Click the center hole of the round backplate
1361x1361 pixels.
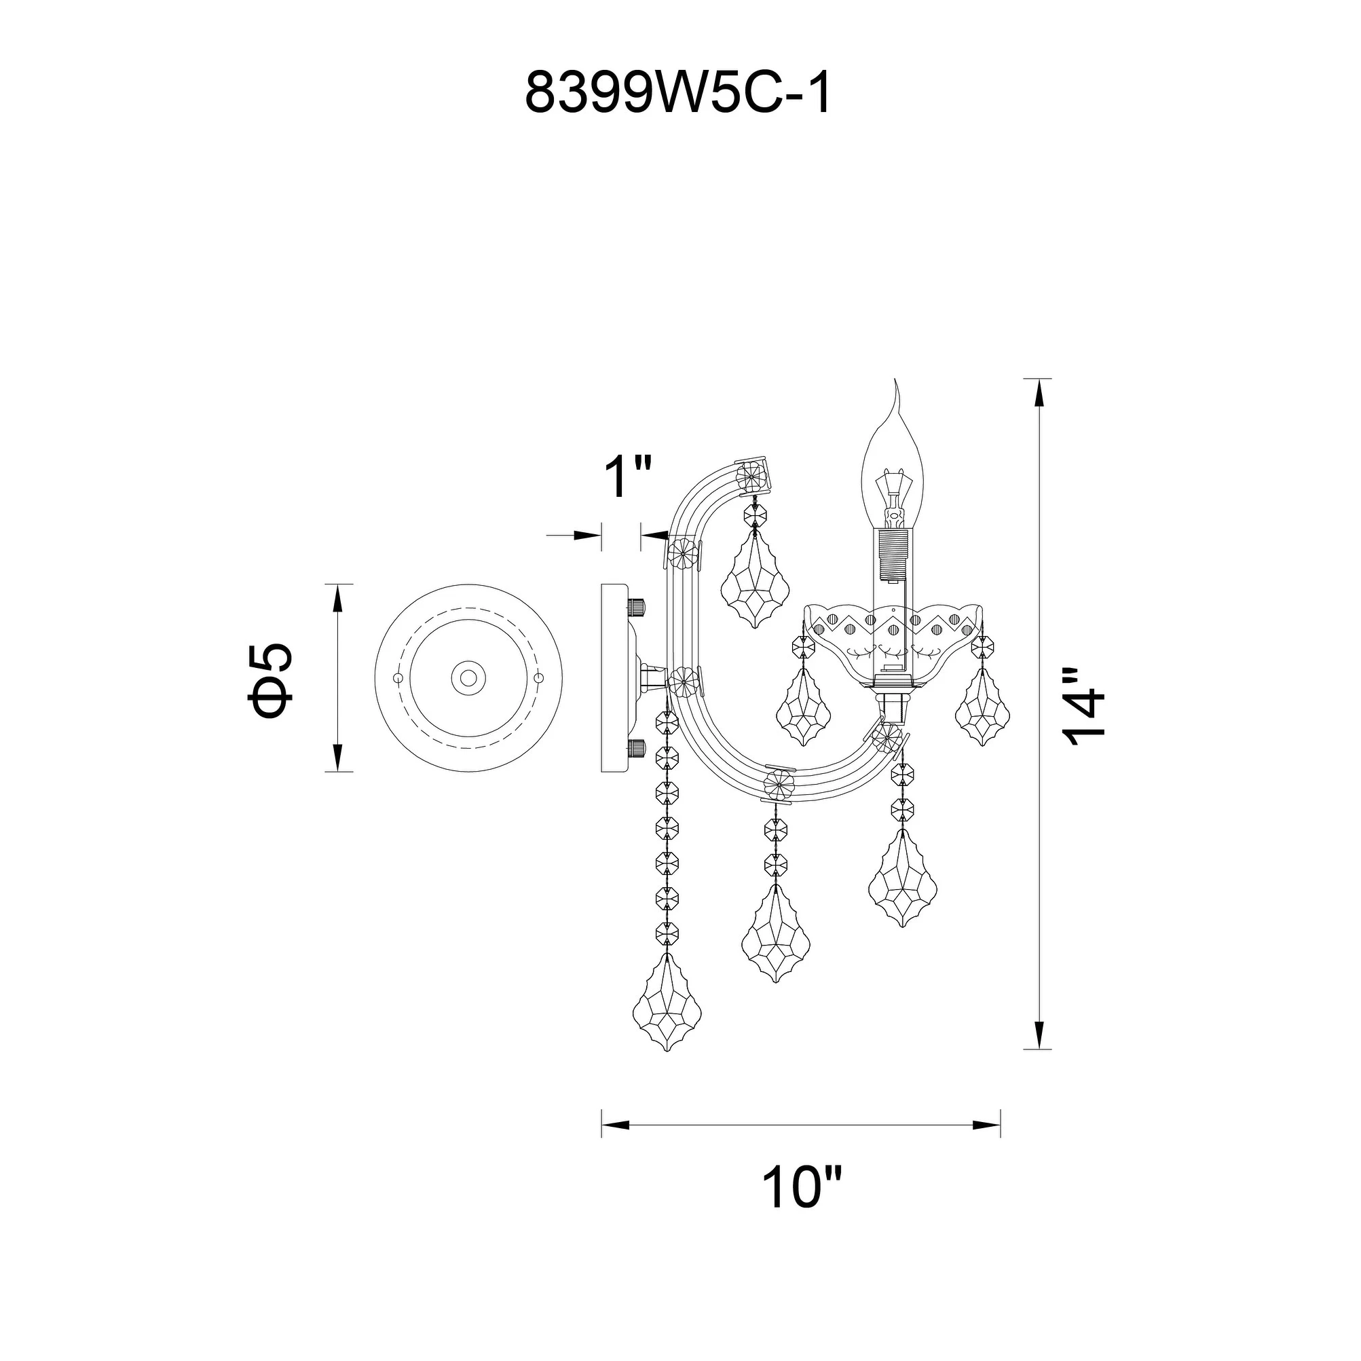[468, 678]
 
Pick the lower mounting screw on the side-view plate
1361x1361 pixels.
[637, 748]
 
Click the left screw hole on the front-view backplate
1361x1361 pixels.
[397, 677]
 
